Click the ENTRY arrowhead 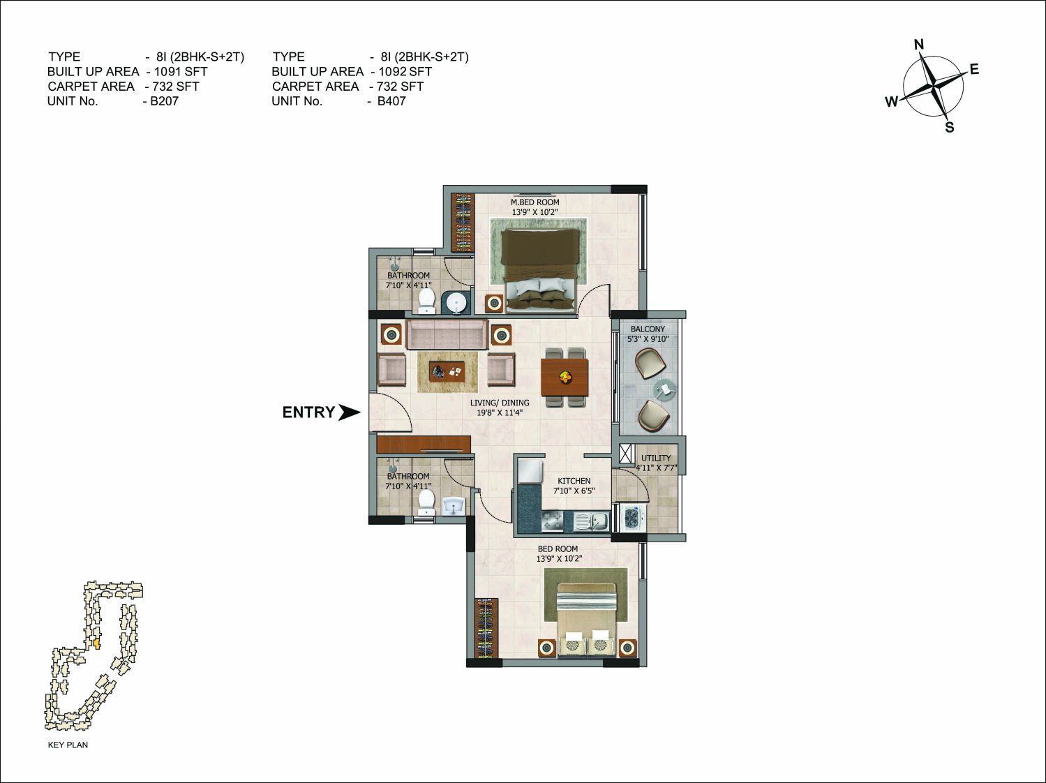[349, 412]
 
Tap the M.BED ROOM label [535, 202]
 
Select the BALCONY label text [648, 329]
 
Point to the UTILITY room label [656, 458]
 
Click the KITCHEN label [574, 481]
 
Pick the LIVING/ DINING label [500, 403]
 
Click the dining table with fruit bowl [565, 378]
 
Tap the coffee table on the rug [447, 371]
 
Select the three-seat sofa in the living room [447, 334]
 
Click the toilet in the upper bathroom [426, 300]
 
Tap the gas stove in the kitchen [553, 521]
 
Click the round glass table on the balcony [664, 388]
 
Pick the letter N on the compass [919, 45]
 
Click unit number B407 [391, 101]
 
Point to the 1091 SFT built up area [181, 71]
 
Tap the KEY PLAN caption [68, 745]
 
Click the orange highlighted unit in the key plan [97, 644]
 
